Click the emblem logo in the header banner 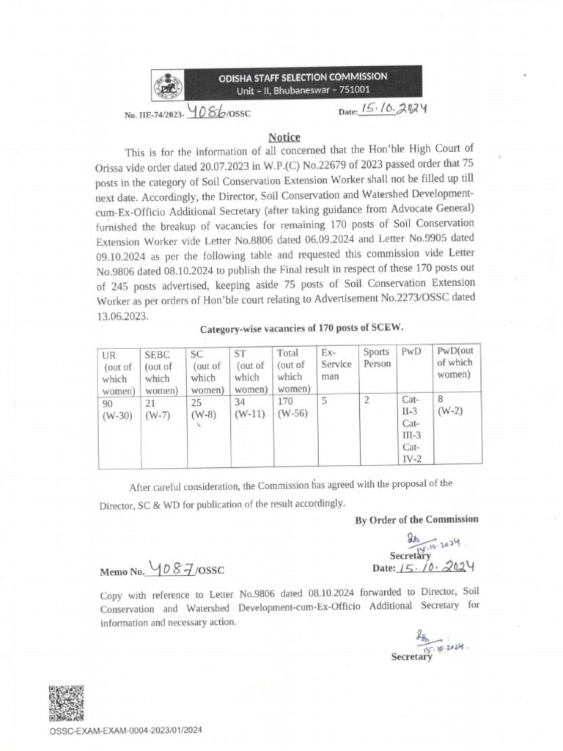pos(167,84)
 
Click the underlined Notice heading pos(284,137)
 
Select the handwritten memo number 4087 pos(173,568)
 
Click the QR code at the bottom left pos(66,703)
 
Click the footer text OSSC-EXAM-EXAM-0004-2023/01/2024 pos(125,730)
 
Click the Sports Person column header pos(377,359)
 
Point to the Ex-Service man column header pos(336,364)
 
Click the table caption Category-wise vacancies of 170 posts pos(302,329)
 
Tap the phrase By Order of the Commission pos(416,519)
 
